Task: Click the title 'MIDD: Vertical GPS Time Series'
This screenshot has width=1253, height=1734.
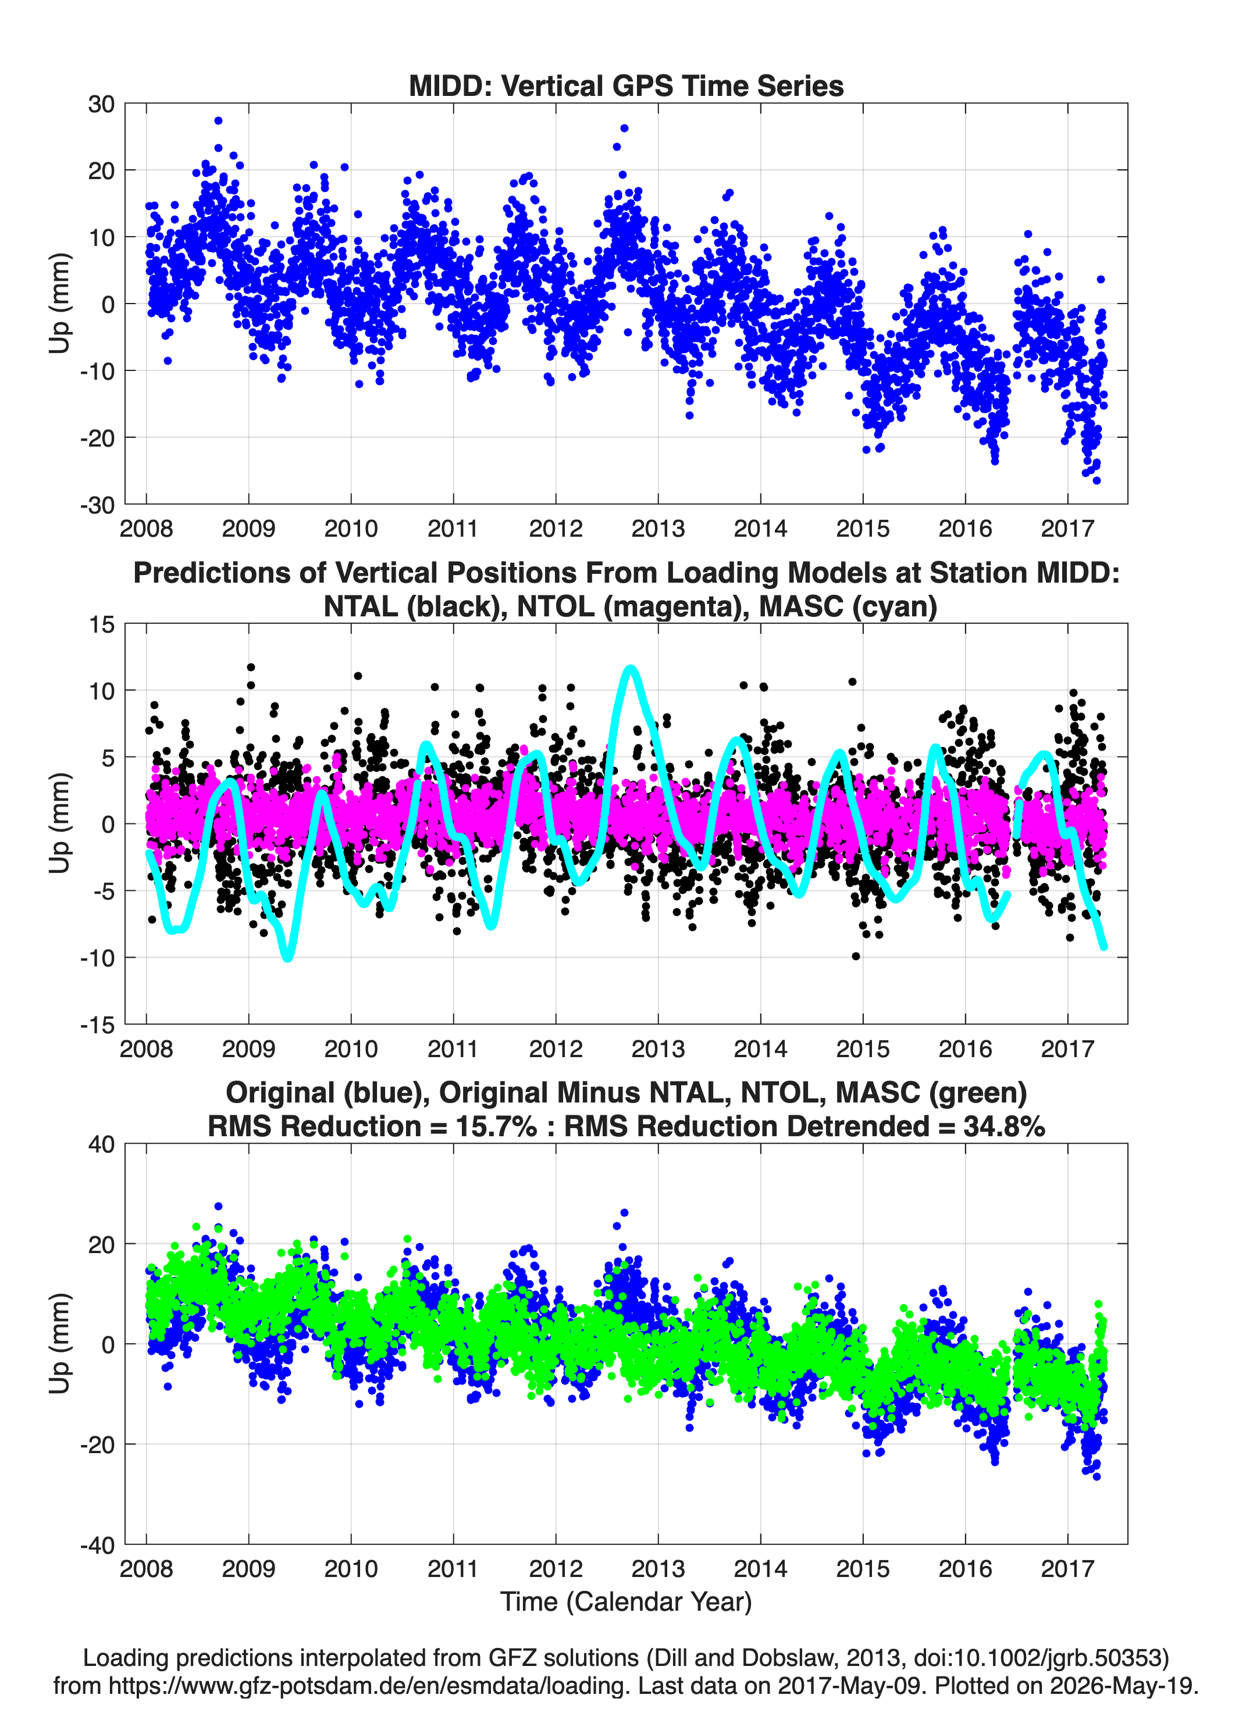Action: point(626,85)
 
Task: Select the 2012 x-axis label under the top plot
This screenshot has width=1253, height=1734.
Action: point(556,529)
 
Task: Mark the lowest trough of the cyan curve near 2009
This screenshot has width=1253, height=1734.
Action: point(287,957)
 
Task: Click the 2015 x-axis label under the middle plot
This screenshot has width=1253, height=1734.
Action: point(863,1049)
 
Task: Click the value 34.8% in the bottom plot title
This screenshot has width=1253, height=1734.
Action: point(1005,1126)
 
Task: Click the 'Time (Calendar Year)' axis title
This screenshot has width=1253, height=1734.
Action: point(626,1602)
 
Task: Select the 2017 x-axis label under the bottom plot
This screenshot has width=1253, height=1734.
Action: point(1067,1569)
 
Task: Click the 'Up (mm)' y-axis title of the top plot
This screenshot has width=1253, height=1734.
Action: point(60,303)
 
